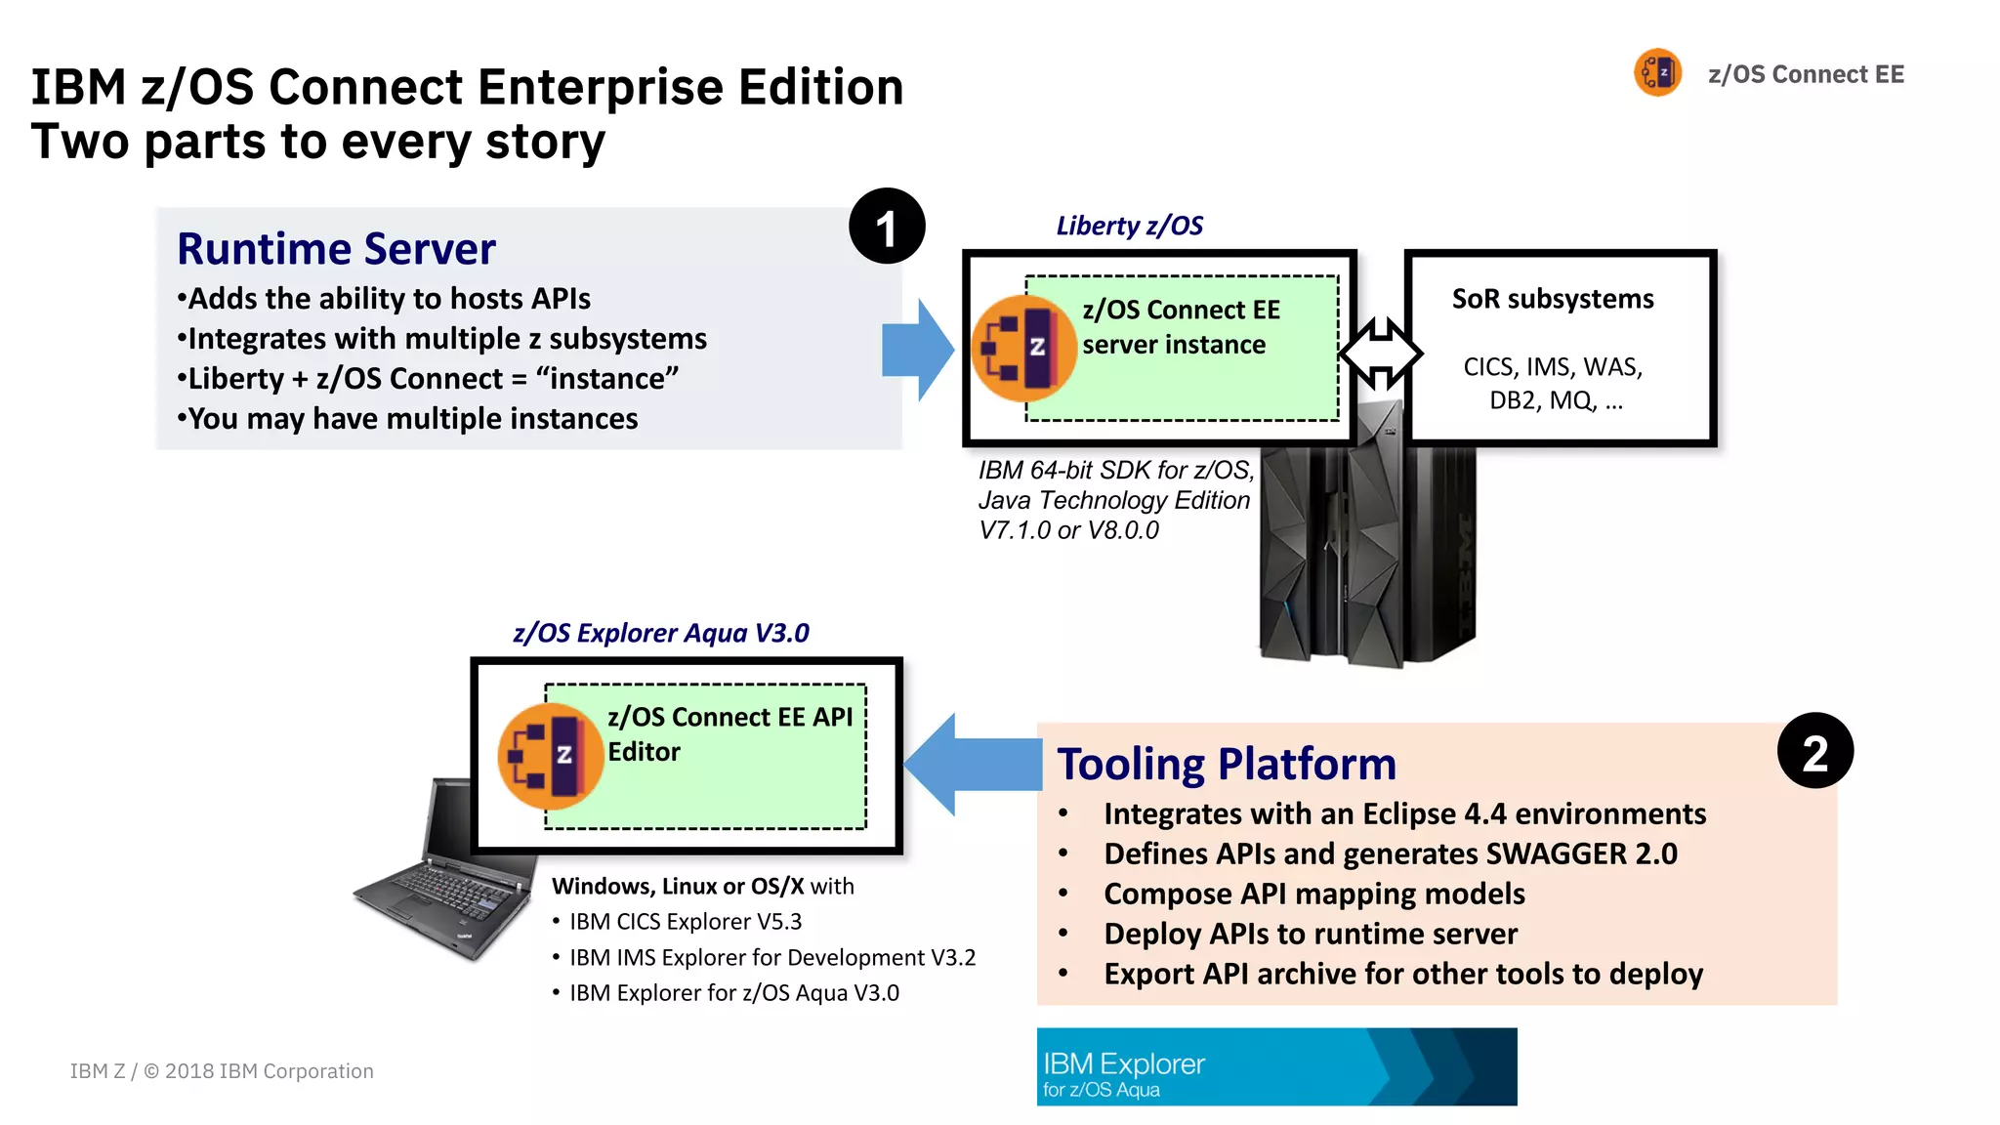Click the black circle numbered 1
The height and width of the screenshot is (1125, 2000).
pyautogui.click(x=886, y=227)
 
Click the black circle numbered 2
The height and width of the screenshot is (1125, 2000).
pyautogui.click(x=1814, y=751)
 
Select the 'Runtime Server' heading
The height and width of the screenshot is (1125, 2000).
pyautogui.click(x=336, y=249)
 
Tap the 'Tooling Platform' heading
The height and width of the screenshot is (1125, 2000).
pyautogui.click(x=1226, y=764)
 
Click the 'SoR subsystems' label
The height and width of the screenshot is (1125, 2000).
pyautogui.click(x=1552, y=299)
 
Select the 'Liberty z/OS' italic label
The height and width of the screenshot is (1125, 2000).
pyautogui.click(x=1129, y=227)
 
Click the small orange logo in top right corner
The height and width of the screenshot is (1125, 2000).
pyautogui.click(x=1657, y=73)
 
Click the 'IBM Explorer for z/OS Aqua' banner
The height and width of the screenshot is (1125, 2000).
pyautogui.click(x=1275, y=1066)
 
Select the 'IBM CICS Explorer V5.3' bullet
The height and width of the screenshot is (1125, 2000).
pyautogui.click(x=685, y=922)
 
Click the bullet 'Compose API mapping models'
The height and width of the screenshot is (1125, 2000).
pyautogui.click(x=1313, y=895)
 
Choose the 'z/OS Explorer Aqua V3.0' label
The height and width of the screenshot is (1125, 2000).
pyautogui.click(x=661, y=634)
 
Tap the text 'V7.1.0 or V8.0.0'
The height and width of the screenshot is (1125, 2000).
pyautogui.click(x=1068, y=531)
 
